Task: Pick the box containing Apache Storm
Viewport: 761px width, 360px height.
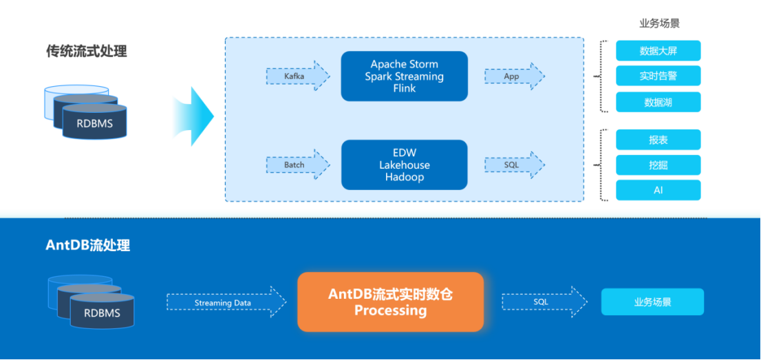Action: [x=405, y=76]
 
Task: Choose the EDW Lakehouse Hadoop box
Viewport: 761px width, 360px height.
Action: [x=405, y=165]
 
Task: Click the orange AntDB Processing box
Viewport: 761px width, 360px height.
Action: [x=390, y=302]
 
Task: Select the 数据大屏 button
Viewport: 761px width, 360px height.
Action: [x=658, y=51]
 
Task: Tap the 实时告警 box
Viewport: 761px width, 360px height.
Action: [x=658, y=76]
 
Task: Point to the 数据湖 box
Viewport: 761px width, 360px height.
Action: [x=658, y=102]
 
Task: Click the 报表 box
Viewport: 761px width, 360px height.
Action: [x=658, y=140]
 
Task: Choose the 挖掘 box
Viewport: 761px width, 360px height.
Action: [x=658, y=165]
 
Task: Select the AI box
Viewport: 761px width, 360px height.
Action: [x=658, y=190]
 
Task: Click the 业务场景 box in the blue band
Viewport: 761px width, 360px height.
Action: [x=652, y=302]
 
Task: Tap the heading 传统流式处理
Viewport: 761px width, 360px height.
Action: [x=86, y=52]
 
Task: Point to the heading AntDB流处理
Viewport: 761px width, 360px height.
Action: [x=87, y=245]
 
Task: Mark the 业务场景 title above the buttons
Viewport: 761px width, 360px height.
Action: [x=659, y=23]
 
